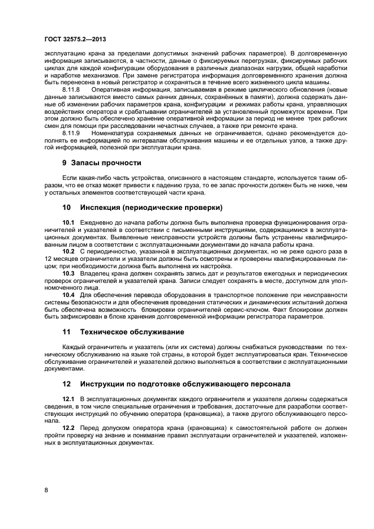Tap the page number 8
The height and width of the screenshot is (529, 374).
pyautogui.click(x=46, y=490)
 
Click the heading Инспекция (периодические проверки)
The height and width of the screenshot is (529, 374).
pyautogui.click(x=151, y=207)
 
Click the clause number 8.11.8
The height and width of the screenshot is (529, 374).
pyautogui.click(x=71, y=89)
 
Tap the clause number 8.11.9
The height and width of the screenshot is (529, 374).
pyautogui.click(x=71, y=133)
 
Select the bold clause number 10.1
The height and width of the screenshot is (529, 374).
pyautogui.click(x=68, y=222)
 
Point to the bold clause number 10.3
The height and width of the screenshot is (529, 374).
pyautogui.click(x=68, y=273)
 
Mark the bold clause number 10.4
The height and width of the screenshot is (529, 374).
pyautogui.click(x=68, y=295)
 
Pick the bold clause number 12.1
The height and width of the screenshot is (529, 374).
pyautogui.click(x=68, y=399)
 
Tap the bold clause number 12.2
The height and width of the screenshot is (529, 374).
pyautogui.click(x=68, y=428)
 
